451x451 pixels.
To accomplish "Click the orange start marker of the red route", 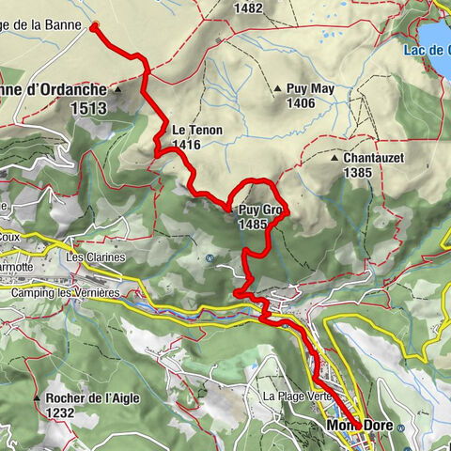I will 94,27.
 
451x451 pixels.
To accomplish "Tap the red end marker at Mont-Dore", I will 358,426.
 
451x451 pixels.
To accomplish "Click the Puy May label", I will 311,89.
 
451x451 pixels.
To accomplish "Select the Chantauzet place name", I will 373,159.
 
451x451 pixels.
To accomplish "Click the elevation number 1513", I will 89,109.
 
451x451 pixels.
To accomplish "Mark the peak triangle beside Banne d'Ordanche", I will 118,91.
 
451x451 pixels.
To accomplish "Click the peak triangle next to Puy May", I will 278,89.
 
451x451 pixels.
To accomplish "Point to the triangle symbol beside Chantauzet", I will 335,159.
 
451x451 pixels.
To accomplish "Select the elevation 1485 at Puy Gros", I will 255,225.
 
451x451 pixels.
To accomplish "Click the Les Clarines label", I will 95,257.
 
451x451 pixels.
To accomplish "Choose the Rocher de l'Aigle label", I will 93,397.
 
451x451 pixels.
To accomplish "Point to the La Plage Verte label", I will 298,396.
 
